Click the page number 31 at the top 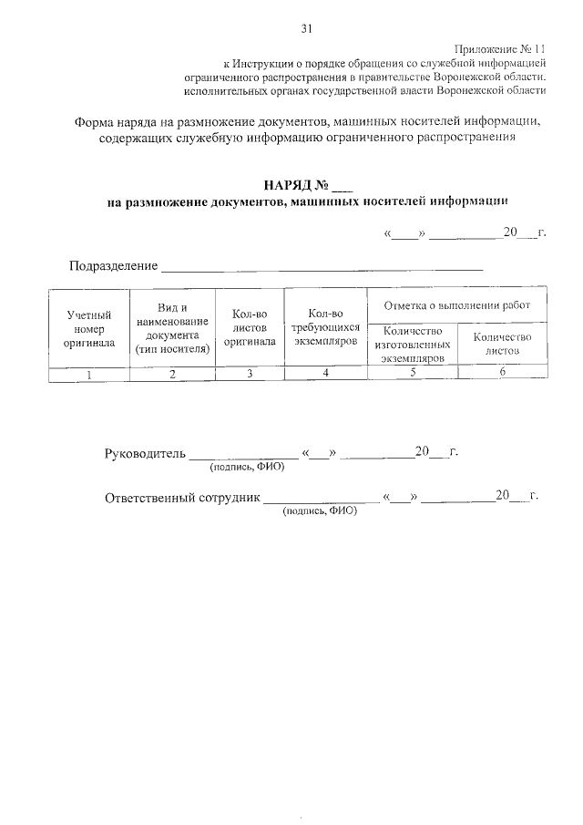[x=306, y=28]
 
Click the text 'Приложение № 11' [x=502, y=48]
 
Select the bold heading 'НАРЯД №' [x=292, y=187]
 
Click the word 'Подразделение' [x=113, y=266]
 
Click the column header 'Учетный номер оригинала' [x=88, y=329]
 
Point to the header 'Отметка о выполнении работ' [x=457, y=304]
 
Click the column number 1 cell [x=88, y=374]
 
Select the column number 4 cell [x=325, y=374]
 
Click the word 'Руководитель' [x=146, y=453]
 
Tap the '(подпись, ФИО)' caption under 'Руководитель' [x=247, y=467]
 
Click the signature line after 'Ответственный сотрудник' [x=322, y=500]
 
